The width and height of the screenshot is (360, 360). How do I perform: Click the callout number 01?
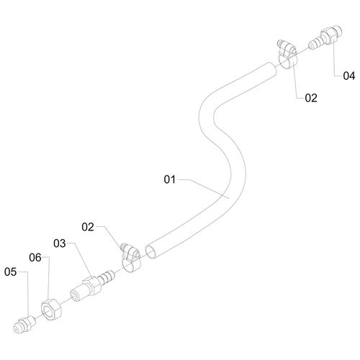[x=170, y=179]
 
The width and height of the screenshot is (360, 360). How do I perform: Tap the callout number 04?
[x=349, y=76]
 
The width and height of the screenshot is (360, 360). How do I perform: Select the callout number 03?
[x=60, y=243]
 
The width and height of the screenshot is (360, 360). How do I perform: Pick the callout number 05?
[x=10, y=272]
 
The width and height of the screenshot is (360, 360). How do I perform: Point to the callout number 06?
[x=35, y=258]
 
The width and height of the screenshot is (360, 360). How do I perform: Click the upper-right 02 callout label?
[x=311, y=98]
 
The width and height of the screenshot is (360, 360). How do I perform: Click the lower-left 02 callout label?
[x=88, y=227]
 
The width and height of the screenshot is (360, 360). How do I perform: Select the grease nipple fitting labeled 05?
[x=24, y=325]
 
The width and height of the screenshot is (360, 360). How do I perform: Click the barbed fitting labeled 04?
[x=325, y=38]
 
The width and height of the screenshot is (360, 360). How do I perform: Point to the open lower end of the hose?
[x=151, y=252]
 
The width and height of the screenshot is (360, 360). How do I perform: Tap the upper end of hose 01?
[x=271, y=69]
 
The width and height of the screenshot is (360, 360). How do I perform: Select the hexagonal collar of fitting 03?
[x=91, y=285]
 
